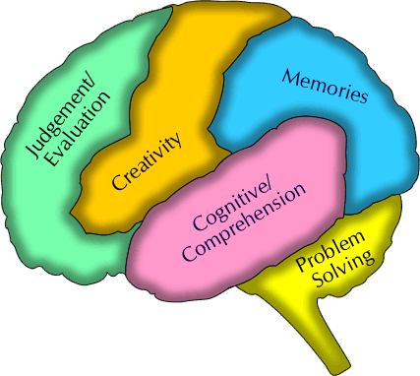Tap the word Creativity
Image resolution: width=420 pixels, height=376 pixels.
point(148,162)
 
